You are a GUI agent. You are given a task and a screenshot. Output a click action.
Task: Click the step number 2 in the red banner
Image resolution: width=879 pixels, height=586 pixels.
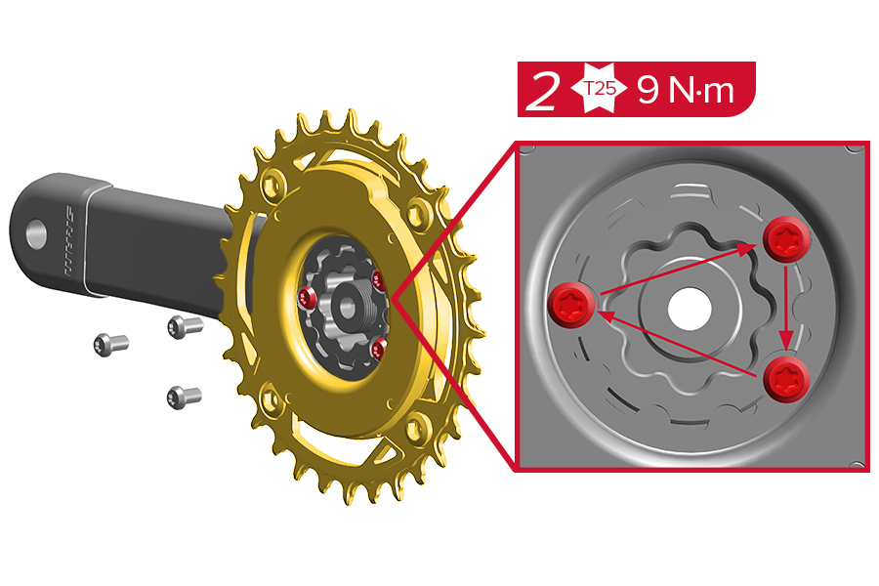[543, 91]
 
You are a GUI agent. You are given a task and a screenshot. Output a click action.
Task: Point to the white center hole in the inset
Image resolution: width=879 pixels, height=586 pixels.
[691, 308]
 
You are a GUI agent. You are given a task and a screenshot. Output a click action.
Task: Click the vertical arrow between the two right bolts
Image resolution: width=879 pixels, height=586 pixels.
[786, 308]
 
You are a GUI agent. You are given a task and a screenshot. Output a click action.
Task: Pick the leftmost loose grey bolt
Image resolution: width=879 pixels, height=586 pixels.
[110, 344]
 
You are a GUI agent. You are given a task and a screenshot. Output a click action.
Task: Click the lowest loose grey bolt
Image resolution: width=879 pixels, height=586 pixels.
[184, 397]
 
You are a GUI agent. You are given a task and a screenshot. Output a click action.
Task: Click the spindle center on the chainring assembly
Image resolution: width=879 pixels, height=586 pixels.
[345, 305]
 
